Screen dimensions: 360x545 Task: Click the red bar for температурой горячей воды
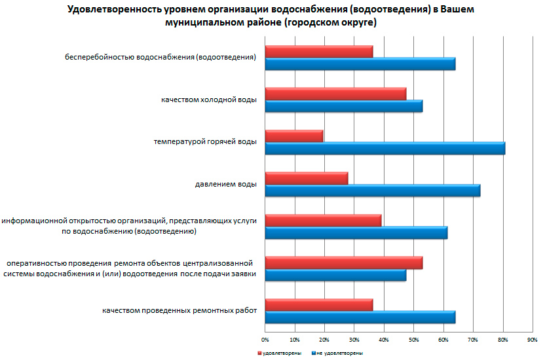294,135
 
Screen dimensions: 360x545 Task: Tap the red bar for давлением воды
307,178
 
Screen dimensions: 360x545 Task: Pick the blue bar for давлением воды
373,190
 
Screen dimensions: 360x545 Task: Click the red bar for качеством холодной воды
335,93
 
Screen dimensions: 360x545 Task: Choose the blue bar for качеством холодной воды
344,105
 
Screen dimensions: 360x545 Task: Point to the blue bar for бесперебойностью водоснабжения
360,63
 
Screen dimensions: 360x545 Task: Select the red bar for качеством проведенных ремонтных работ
319,305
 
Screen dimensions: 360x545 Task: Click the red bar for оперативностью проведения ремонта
344,262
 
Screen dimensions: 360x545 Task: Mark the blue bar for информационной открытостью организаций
356,233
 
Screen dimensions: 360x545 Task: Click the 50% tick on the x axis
413,340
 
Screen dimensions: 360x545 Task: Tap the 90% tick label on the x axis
532,340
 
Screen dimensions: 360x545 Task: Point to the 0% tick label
265,340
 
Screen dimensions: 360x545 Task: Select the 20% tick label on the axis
324,340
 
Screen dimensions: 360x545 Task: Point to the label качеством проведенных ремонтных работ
179,311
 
